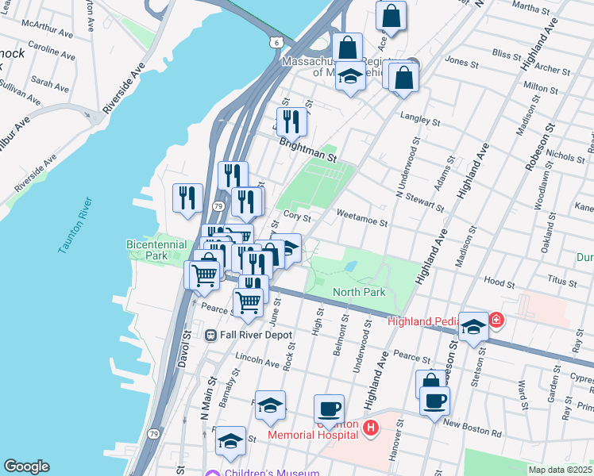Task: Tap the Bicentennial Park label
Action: click(156, 251)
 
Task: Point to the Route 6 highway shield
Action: click(275, 40)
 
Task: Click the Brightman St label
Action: click(308, 151)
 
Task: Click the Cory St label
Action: click(295, 217)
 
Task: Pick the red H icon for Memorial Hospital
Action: click(370, 429)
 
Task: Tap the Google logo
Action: click(27, 466)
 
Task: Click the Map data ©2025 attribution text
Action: click(559, 470)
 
